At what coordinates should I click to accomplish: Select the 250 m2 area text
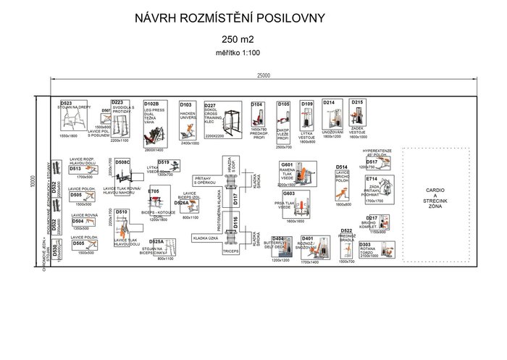coord(242,40)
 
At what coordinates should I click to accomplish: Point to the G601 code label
coord(288,164)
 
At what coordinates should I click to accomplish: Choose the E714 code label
coord(372,178)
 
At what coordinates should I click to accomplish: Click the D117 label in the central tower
coord(235,198)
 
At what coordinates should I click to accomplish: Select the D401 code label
coord(308,238)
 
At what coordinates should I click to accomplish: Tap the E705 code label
coord(154,191)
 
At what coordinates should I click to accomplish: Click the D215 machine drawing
coord(358,118)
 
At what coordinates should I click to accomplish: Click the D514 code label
coord(342,167)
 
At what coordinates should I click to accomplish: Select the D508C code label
coord(122,162)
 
